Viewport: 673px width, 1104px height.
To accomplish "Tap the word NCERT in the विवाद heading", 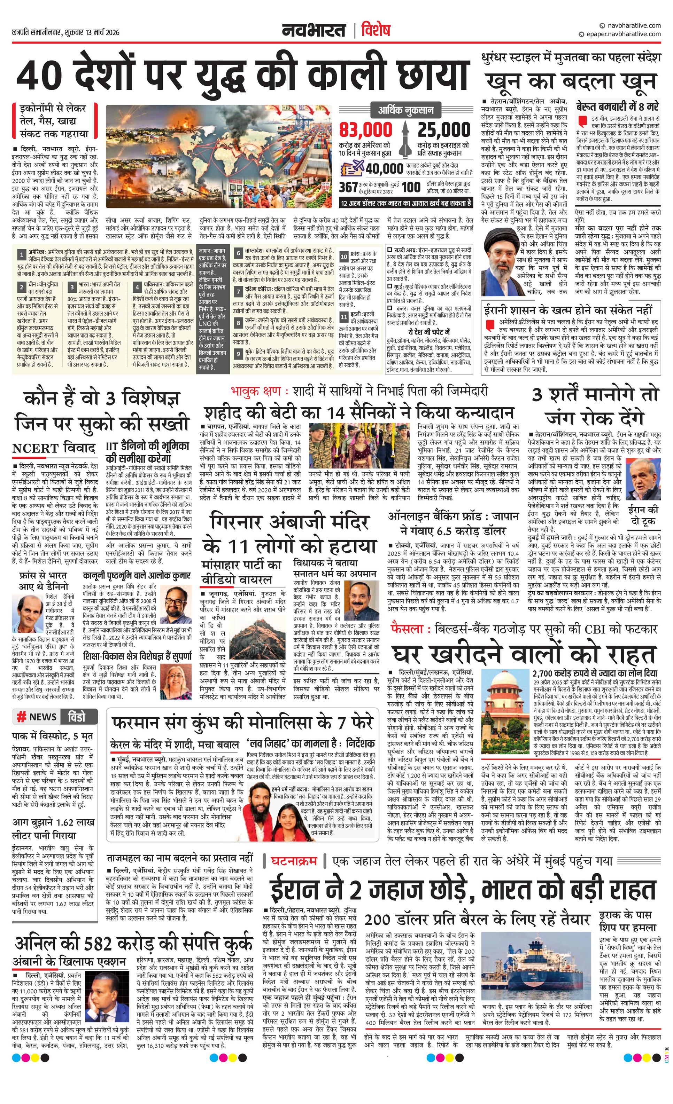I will pos(36,448).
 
